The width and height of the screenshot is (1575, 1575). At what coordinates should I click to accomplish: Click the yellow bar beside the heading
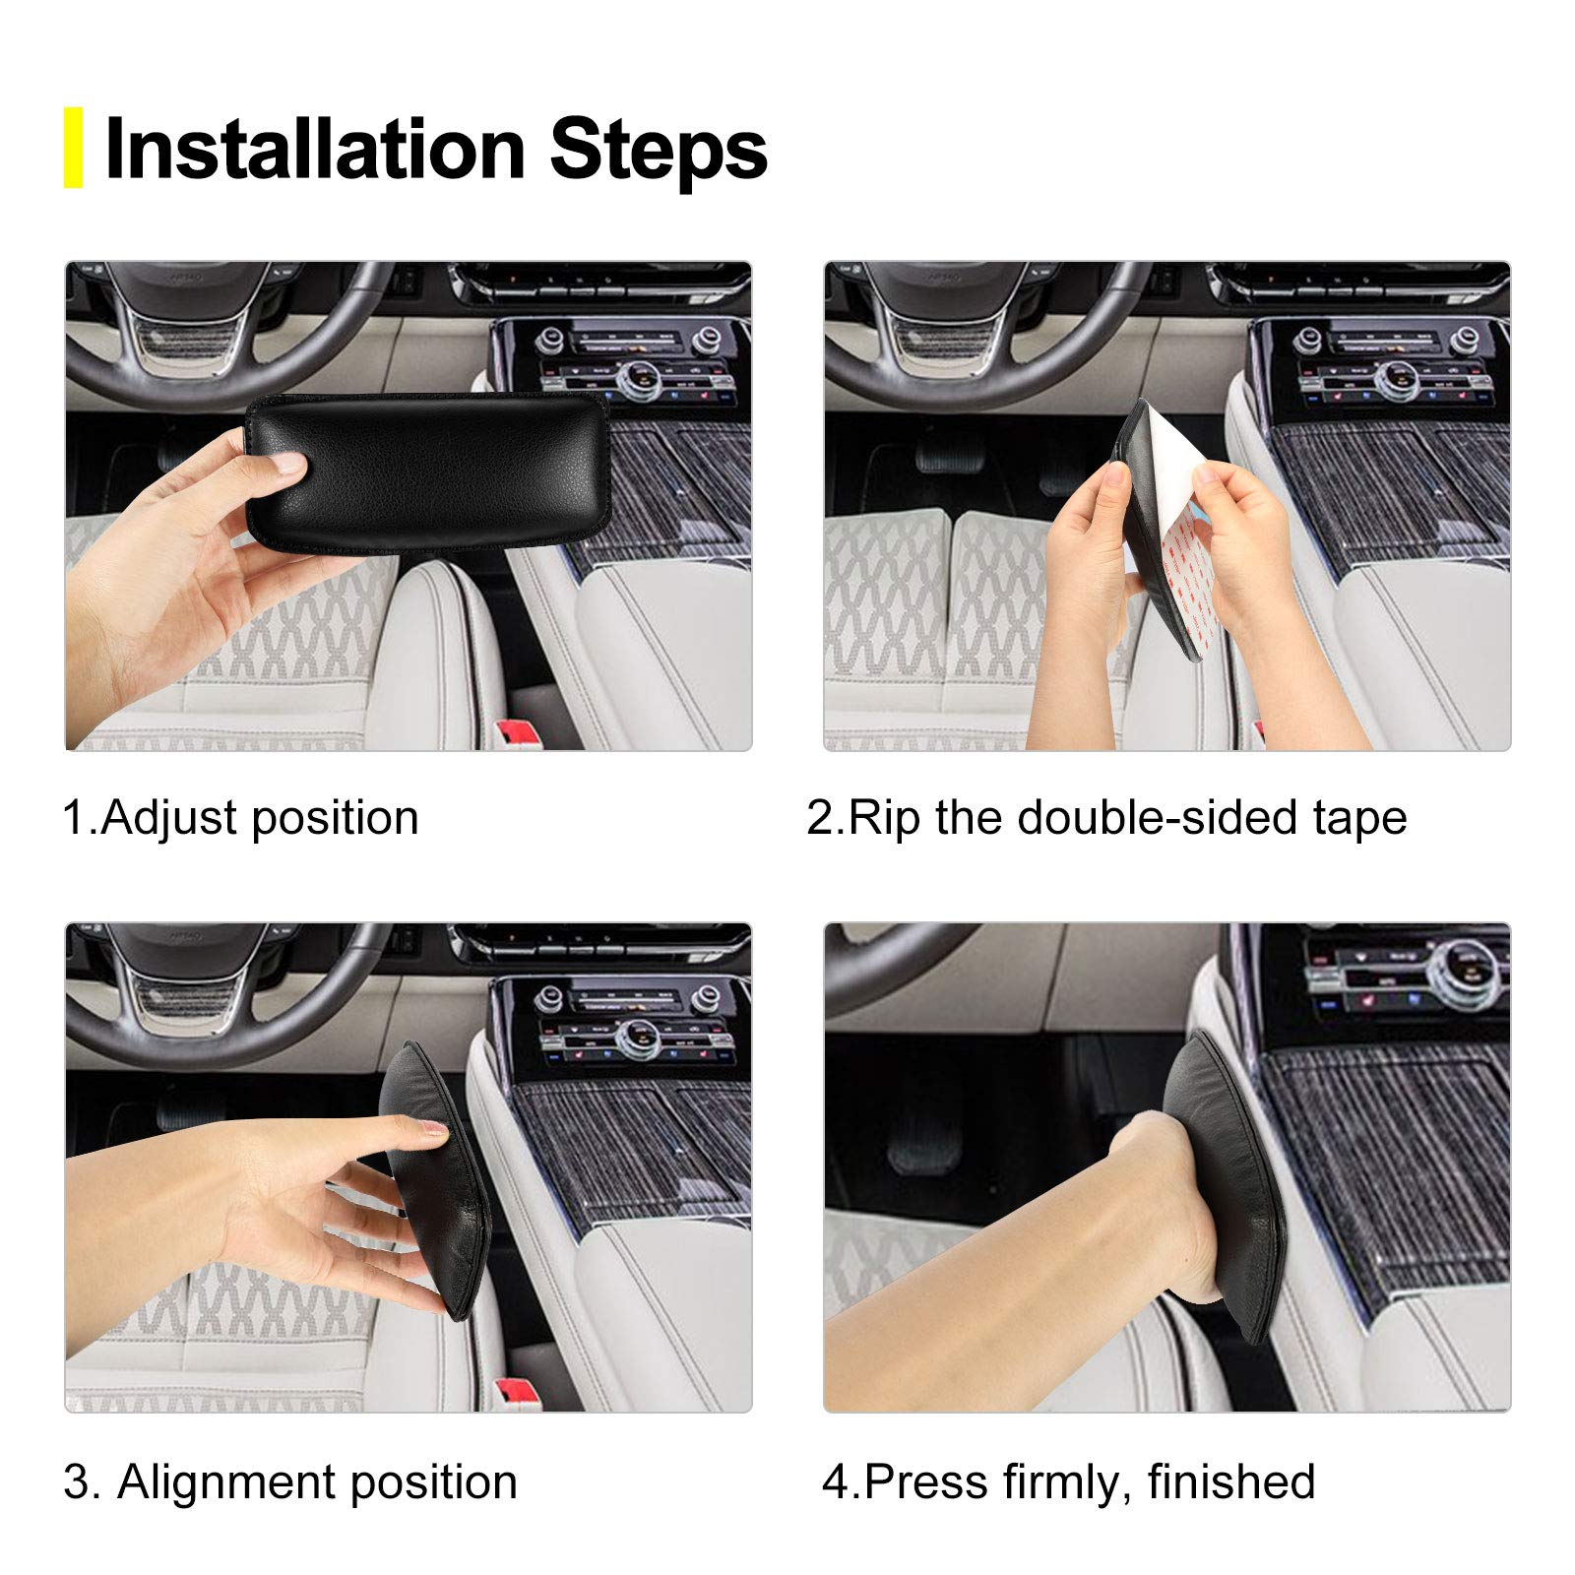click(73, 148)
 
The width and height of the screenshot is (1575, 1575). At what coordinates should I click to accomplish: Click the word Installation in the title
click(315, 150)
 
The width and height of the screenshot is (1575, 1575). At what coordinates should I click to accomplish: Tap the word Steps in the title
click(658, 150)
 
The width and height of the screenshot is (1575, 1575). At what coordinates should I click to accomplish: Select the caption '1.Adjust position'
click(241, 818)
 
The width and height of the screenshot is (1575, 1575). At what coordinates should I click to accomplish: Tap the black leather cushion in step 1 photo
click(433, 468)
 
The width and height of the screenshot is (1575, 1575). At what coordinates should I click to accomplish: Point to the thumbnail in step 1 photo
click(288, 463)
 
